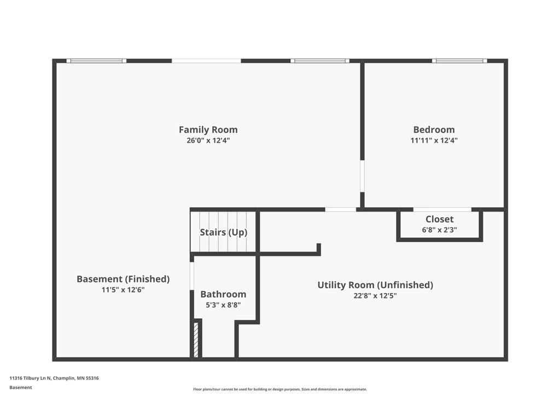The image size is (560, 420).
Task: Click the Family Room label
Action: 208,130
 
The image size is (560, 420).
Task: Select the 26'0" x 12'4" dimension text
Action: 208,141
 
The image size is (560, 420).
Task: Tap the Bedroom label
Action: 434,130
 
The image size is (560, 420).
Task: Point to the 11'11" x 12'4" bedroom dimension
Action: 434,141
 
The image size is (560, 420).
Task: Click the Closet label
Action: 439,219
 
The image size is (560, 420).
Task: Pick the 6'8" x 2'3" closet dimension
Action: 439,230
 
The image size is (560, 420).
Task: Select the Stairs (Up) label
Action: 224,232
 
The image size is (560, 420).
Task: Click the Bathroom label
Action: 223,294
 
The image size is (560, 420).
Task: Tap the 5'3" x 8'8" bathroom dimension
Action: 223,305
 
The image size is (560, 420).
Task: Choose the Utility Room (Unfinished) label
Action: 375,285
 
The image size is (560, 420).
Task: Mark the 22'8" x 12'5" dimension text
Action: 375,296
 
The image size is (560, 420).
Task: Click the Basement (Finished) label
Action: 123,279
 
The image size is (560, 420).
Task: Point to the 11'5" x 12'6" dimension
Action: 123,290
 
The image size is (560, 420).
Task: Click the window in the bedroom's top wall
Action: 459,61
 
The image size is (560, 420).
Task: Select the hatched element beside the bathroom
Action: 196,340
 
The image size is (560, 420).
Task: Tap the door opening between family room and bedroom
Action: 362,176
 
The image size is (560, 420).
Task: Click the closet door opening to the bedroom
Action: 442,209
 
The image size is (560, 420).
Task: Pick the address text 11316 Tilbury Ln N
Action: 31,378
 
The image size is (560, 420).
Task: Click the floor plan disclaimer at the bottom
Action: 280,389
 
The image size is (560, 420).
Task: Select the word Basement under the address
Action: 21,388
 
